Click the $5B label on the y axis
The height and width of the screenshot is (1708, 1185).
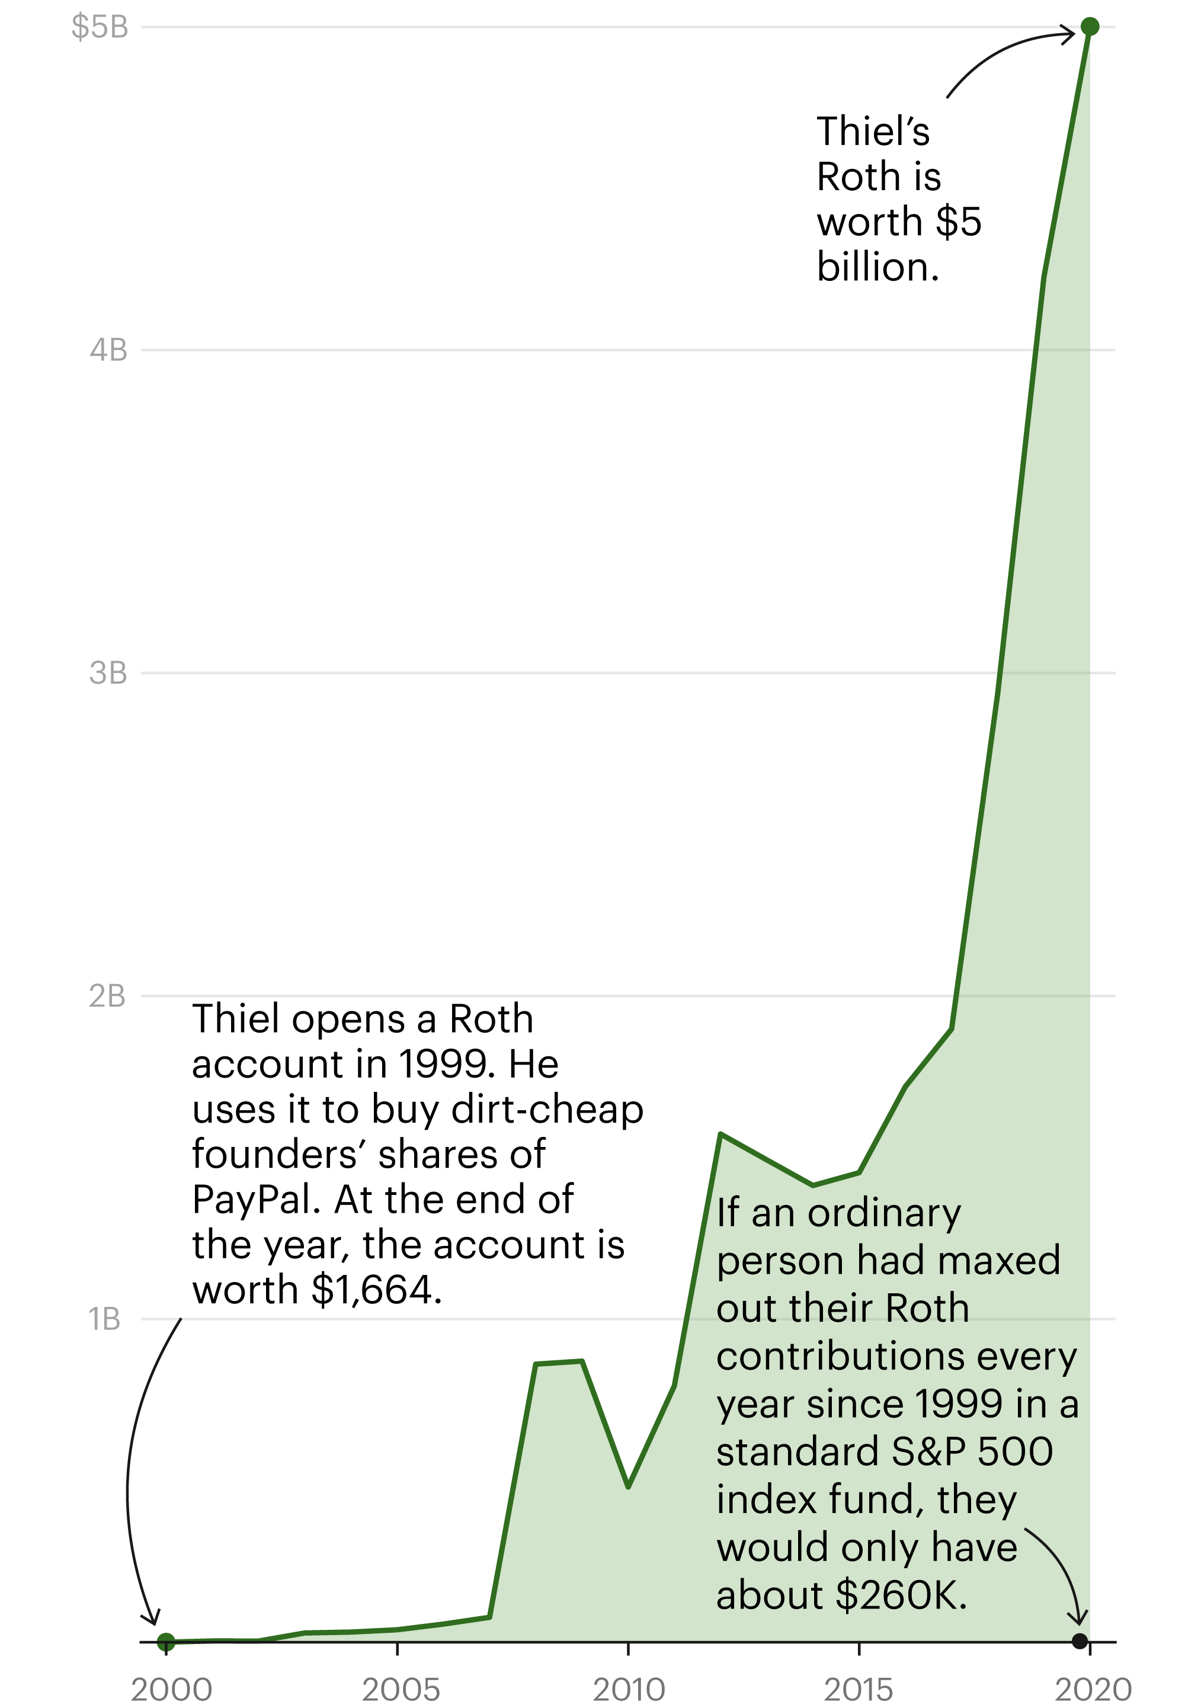(x=100, y=27)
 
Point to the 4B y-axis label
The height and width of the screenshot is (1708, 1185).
(x=108, y=350)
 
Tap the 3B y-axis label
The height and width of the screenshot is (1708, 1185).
(x=108, y=673)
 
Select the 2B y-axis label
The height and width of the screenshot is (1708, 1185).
(x=108, y=996)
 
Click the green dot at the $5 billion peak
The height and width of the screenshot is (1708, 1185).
(x=1089, y=27)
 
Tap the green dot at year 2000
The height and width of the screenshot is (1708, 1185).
(x=166, y=1641)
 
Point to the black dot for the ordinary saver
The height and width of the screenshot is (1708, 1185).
(x=1080, y=1640)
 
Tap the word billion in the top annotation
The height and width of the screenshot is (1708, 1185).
(x=877, y=267)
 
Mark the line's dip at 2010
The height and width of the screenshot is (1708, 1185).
(x=628, y=1487)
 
